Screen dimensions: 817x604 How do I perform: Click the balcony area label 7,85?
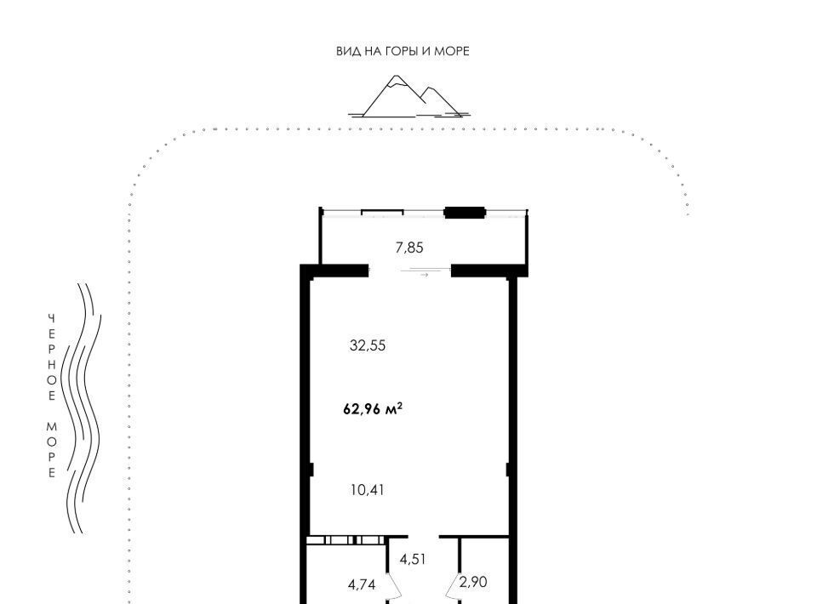pos(409,248)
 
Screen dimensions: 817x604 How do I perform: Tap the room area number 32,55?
pos(368,345)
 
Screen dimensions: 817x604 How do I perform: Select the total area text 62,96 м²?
pos(373,409)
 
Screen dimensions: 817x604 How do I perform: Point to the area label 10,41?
pos(368,490)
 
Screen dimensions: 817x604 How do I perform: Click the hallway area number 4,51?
pos(413,559)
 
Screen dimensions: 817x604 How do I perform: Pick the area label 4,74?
pos(362,584)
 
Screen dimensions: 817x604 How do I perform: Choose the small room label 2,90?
pos(473,582)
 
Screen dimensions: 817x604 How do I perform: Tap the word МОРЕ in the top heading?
pos(452,51)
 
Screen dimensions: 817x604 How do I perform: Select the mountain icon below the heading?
pos(408,96)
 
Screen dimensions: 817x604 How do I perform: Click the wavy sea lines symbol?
pos(81,408)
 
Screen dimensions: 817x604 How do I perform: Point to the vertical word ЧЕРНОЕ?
pos(52,357)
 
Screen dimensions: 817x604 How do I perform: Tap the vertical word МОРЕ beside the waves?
pos(52,450)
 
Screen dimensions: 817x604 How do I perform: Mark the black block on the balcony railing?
pos(465,213)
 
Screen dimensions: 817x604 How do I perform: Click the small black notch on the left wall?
pos(311,470)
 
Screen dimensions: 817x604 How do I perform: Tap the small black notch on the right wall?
pos(508,470)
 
